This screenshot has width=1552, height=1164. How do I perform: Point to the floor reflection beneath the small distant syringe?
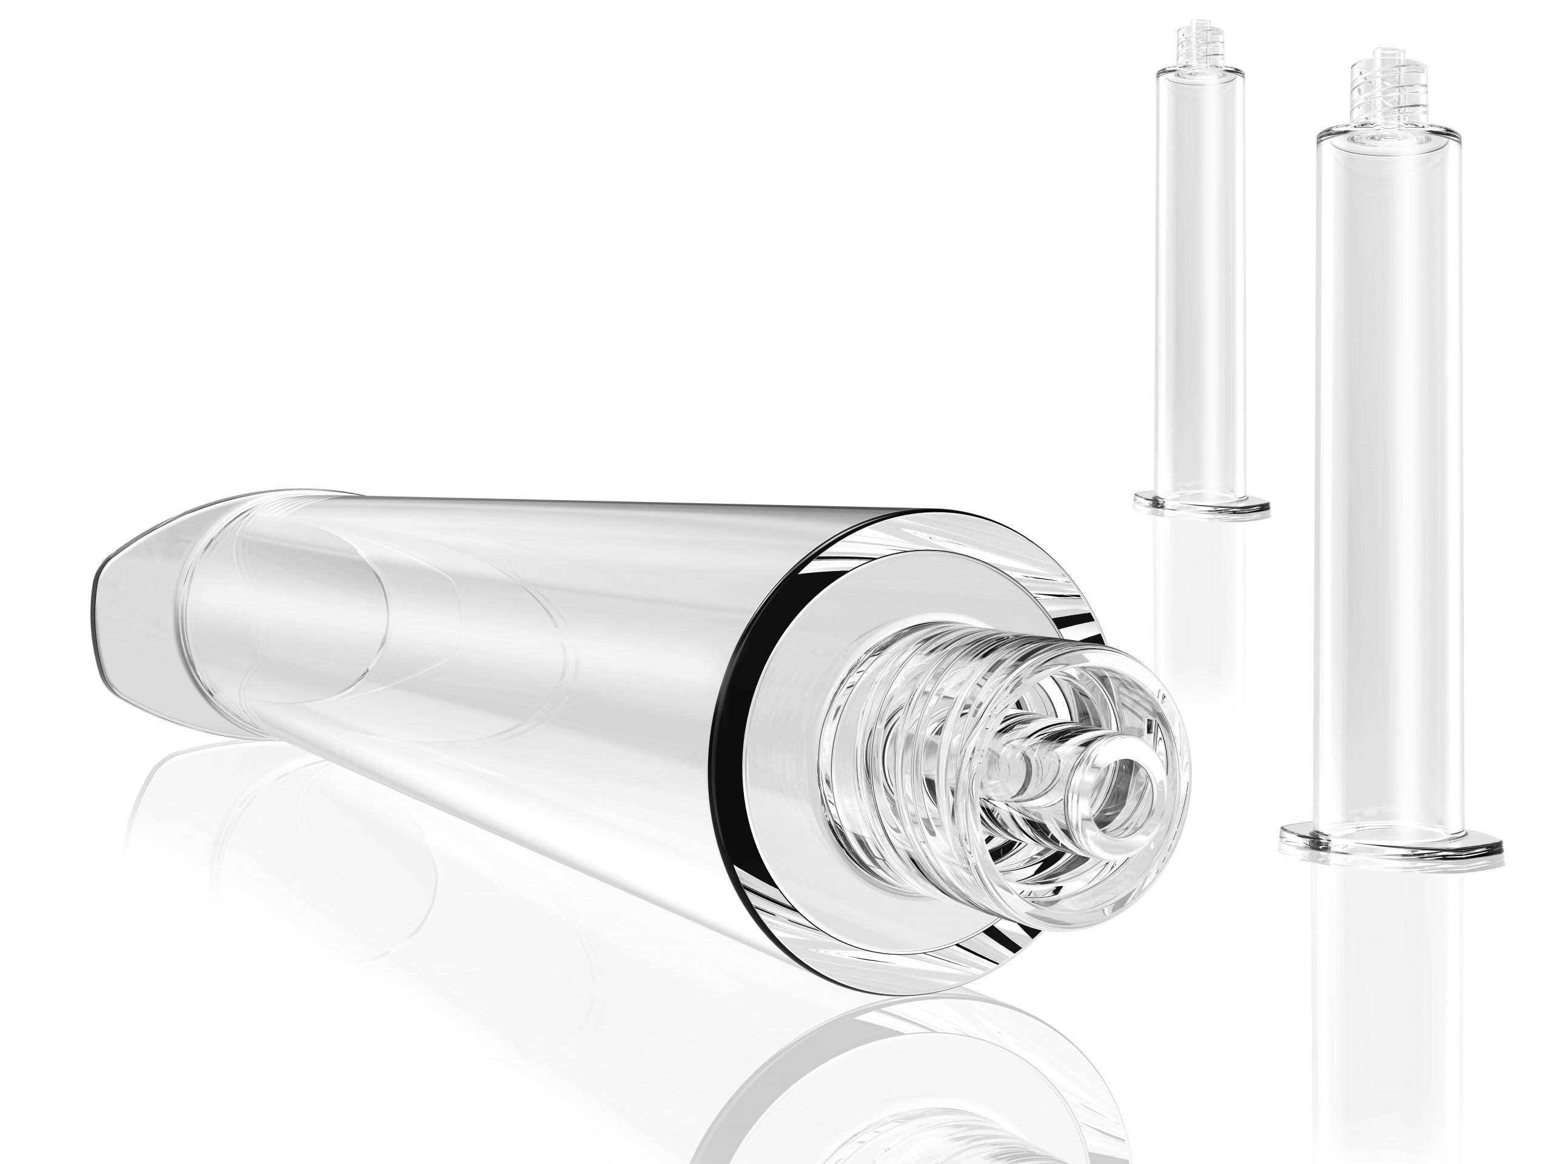tap(1201, 597)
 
